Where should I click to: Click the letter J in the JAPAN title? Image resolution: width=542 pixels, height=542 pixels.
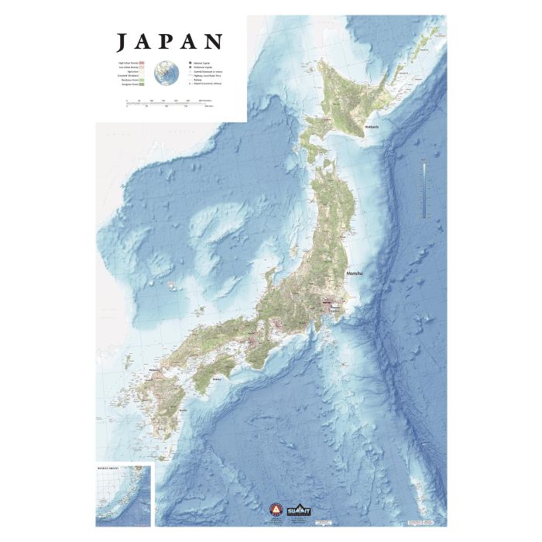coord(122,42)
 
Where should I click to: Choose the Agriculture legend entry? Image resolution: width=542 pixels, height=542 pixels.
coord(135,74)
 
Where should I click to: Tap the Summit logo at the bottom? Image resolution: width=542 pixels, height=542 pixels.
coord(297,511)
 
